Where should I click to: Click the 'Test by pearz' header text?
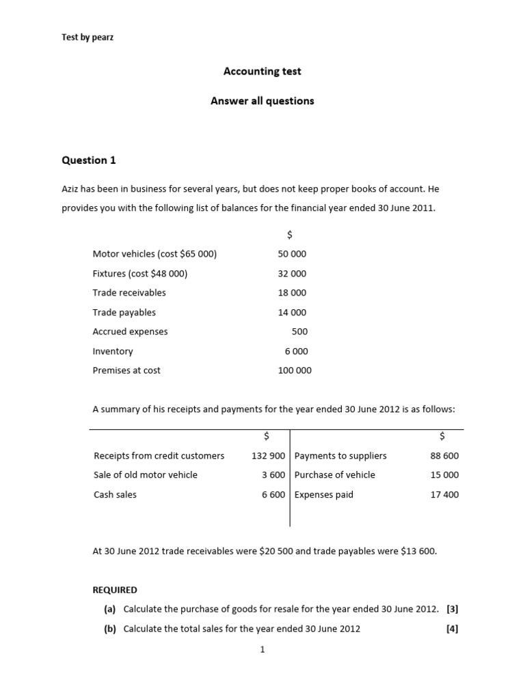87,38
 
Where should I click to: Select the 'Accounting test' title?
262,71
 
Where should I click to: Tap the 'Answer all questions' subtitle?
262,101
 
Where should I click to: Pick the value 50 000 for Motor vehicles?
293,254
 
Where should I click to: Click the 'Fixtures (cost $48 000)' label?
140,273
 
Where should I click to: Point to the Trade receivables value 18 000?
293,293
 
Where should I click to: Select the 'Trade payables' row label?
124,312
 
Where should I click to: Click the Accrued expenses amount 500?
299,332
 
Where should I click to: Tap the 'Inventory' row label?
113,351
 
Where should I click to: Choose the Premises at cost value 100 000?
295,371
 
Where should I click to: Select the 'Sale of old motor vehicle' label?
146,475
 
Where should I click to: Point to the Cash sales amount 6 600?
273,494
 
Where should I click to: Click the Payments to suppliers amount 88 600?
444,456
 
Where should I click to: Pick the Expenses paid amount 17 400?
444,494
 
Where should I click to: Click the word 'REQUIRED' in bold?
115,590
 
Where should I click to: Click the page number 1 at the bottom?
262,650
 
